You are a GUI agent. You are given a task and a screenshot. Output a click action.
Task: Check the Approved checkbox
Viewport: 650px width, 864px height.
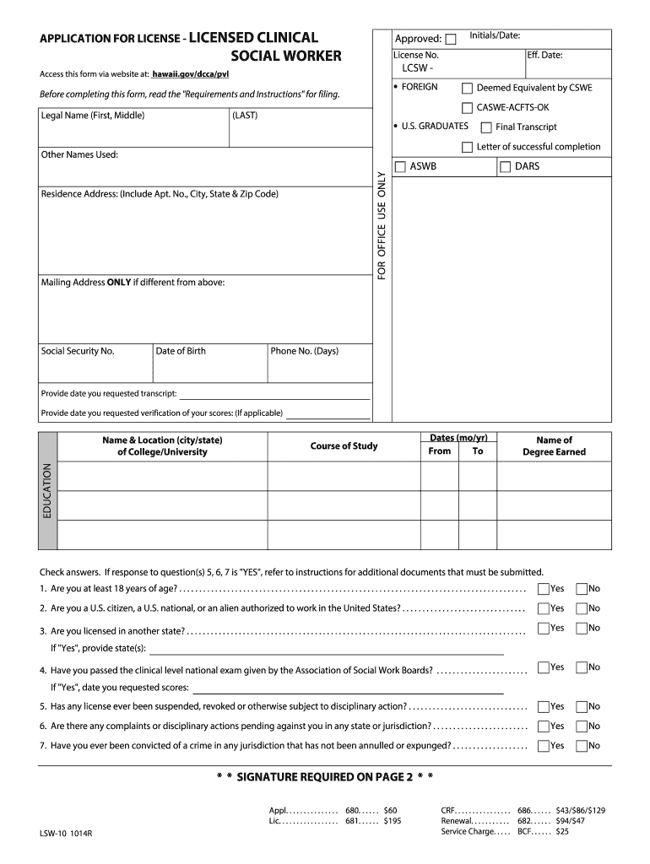click(451, 39)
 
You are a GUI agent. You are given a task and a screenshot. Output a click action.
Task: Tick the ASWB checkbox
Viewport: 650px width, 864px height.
click(400, 167)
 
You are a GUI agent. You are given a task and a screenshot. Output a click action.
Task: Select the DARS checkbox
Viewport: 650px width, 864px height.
click(506, 167)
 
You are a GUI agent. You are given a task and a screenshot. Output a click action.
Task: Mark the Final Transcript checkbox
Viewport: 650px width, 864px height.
click(485, 127)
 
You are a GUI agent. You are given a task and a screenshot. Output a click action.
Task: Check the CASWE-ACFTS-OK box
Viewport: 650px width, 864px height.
click(467, 108)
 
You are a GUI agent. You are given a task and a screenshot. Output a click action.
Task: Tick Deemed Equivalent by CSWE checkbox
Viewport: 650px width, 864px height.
click(467, 88)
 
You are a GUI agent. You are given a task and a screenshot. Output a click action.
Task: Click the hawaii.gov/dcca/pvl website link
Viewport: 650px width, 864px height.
click(190, 74)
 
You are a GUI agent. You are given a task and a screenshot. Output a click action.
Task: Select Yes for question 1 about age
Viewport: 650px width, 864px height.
click(543, 588)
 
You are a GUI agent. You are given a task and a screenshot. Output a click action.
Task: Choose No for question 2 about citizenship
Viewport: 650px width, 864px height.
click(581, 608)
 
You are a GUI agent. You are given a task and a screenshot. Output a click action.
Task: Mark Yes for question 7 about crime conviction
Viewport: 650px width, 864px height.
click(543, 745)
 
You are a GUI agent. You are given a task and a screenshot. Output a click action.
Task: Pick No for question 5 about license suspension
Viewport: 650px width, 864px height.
click(581, 706)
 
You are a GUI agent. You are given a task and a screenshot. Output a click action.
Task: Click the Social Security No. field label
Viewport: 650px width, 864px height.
click(78, 351)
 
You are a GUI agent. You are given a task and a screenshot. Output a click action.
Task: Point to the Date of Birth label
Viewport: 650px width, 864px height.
click(180, 351)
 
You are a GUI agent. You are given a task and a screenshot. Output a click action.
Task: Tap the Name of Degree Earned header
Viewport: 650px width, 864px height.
click(554, 445)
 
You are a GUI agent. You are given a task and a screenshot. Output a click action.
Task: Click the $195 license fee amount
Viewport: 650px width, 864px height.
click(393, 820)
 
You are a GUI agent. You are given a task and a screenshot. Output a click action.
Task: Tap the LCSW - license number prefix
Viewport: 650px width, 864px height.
click(418, 67)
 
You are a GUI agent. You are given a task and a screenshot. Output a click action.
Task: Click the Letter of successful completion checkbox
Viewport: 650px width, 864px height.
click(467, 147)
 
